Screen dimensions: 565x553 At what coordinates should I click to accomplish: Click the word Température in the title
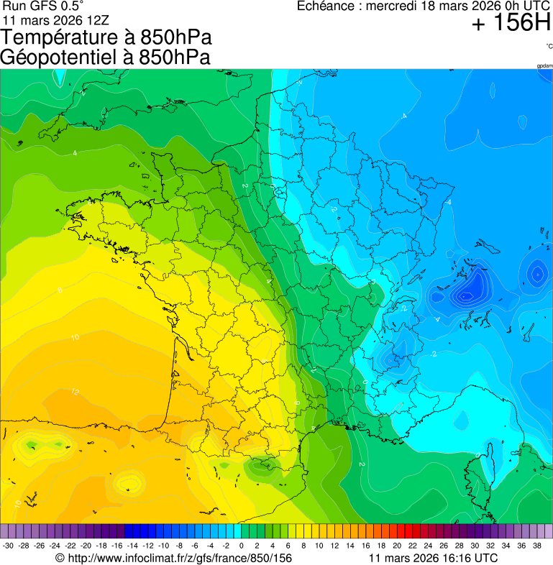tap(59, 37)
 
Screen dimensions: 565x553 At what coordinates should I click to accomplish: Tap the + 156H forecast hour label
tap(511, 24)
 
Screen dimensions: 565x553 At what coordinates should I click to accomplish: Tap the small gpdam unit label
tap(544, 66)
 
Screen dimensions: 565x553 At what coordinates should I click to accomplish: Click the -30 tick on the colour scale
tap(8, 546)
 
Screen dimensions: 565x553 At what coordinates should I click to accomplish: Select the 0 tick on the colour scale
tap(241, 546)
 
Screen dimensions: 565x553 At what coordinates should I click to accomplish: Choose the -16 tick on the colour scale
tap(116, 546)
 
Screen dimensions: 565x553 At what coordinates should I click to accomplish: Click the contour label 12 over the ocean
tap(75, 392)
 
